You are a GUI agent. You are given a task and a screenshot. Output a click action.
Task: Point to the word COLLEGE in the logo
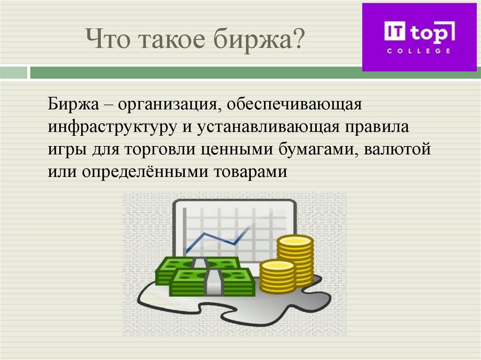419,51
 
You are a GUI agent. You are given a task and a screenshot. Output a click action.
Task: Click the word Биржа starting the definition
72,105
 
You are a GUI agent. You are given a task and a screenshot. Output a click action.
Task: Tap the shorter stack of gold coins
277,277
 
